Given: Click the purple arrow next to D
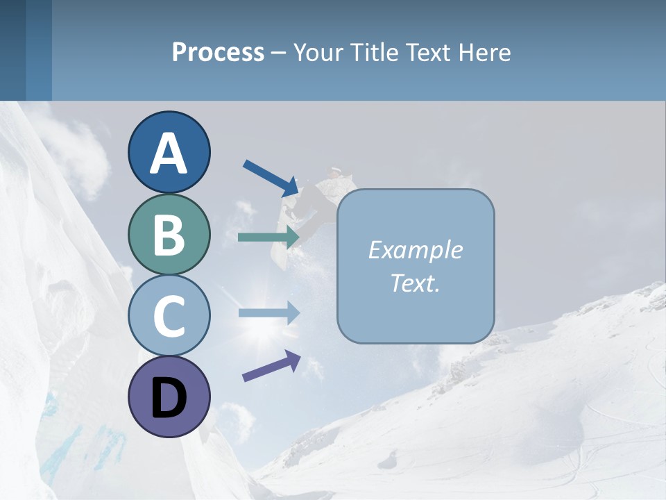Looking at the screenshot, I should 271,366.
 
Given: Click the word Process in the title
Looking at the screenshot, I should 218,52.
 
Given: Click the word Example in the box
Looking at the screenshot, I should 415,250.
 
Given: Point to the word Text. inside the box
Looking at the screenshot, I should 415,283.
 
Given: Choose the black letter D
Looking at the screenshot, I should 169,398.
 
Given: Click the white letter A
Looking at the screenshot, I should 169,153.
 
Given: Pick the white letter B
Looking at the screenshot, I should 169,234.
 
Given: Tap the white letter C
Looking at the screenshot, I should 169,316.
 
